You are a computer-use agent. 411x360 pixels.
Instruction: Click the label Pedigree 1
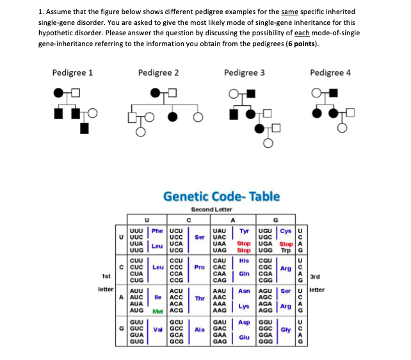point(72,72)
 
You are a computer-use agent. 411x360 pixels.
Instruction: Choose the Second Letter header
point(211,209)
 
